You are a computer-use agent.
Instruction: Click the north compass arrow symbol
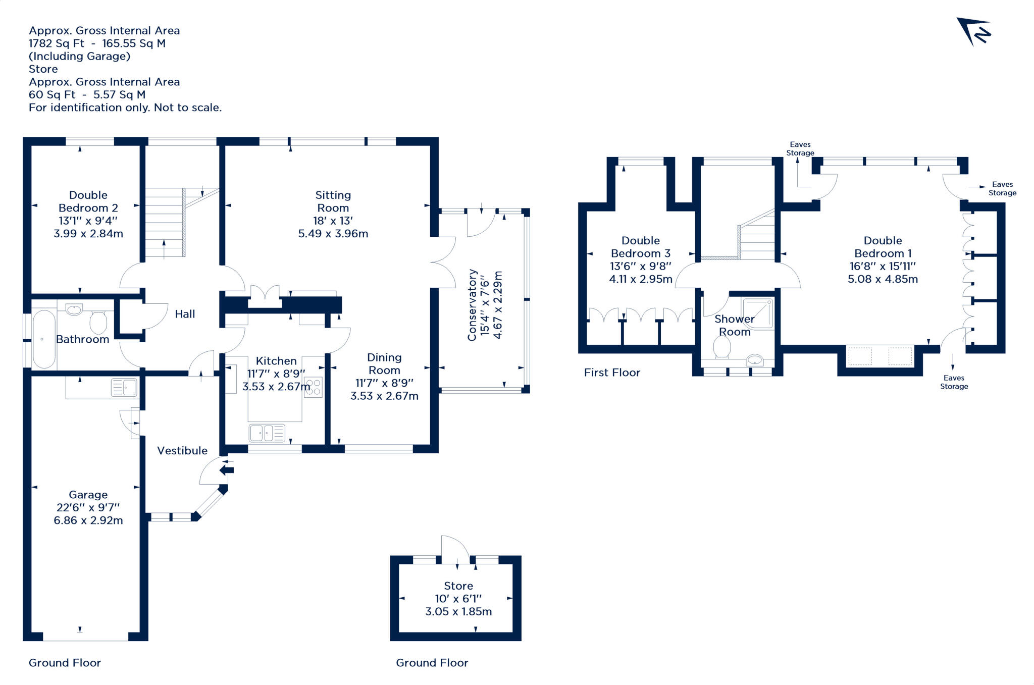point(973,32)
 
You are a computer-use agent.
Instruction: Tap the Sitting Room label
point(333,201)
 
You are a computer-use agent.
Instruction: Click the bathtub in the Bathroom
point(43,339)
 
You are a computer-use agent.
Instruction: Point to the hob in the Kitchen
point(313,387)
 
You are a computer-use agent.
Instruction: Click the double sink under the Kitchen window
point(267,433)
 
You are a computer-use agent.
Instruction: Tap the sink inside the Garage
point(124,388)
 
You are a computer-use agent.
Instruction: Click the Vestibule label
point(182,451)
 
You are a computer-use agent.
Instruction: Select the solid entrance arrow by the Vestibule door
point(226,470)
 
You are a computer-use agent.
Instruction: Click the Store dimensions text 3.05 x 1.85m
point(458,612)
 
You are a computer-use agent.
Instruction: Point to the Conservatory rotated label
point(472,304)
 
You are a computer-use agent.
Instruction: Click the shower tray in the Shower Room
point(757,313)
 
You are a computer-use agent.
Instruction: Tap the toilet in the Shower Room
point(722,347)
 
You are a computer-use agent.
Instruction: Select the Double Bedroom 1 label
point(883,247)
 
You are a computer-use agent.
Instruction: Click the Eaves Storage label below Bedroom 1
point(954,382)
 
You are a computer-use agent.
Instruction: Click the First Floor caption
point(612,373)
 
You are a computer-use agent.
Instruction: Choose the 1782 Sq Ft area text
point(57,43)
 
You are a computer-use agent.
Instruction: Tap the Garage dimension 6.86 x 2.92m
point(88,520)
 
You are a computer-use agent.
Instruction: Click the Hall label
point(185,314)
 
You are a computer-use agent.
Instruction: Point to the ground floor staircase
point(165,222)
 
